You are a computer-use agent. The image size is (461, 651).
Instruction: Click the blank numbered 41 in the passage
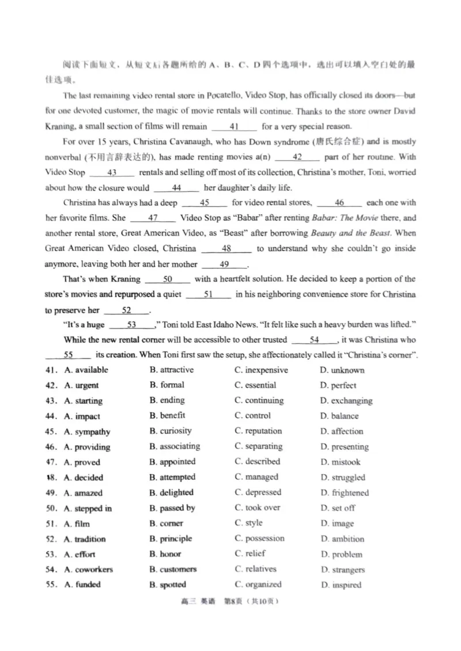pos(234,127)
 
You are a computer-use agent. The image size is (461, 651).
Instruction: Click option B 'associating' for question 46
pos(175,446)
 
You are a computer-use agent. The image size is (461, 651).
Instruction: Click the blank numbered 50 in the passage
pos(168,279)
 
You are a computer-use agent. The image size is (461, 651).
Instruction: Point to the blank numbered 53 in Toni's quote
pos(131,325)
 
